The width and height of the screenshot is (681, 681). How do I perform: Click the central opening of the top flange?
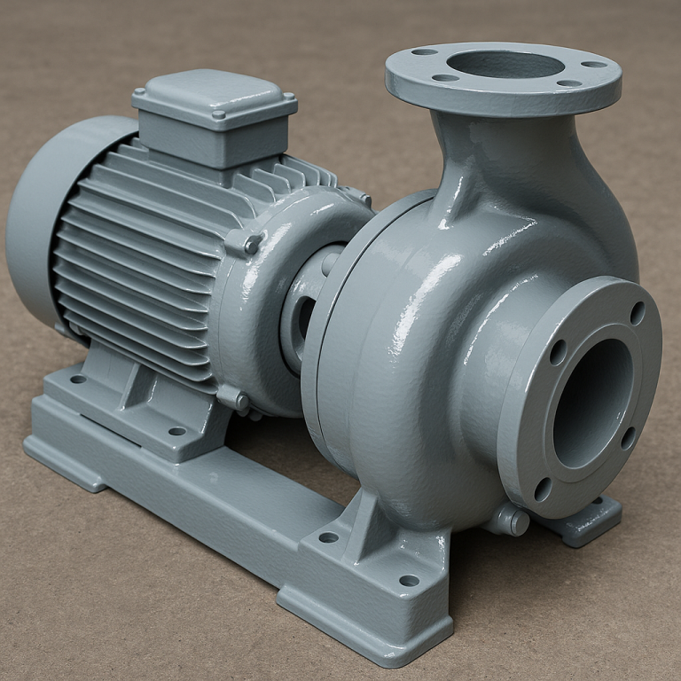click(504, 65)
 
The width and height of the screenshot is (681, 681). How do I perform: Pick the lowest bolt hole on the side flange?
click(543, 489)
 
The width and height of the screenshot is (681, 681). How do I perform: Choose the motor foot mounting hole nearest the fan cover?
click(78, 379)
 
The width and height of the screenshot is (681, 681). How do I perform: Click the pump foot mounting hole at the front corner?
click(409, 581)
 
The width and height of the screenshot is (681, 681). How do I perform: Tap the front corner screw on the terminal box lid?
click(219, 114)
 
